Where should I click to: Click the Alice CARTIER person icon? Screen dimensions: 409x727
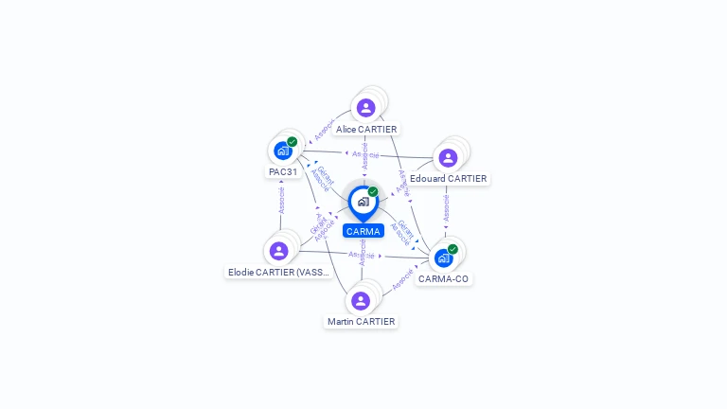(x=366, y=107)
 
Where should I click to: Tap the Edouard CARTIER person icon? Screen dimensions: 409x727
(x=448, y=157)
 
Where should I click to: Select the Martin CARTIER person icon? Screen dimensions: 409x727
(x=361, y=301)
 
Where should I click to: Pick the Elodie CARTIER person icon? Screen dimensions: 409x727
(x=278, y=251)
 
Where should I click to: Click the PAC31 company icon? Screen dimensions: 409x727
(x=282, y=151)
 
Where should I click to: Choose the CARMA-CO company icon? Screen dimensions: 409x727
(x=443, y=258)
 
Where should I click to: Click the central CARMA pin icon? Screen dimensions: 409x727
(x=363, y=202)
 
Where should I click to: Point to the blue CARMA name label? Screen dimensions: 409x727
(x=363, y=231)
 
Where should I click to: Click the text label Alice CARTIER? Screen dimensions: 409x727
(x=366, y=129)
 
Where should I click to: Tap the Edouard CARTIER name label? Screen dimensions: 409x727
(x=449, y=179)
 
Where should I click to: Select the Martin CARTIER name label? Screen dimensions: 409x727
(x=361, y=322)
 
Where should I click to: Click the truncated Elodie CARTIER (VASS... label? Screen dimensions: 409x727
(x=278, y=273)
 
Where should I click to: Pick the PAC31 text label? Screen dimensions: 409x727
(x=282, y=172)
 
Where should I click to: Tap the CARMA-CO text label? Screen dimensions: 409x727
(x=443, y=279)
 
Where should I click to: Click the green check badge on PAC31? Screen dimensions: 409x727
(x=292, y=142)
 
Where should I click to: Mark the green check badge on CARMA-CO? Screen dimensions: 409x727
(x=452, y=249)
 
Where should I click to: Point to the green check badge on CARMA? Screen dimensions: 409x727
(x=373, y=192)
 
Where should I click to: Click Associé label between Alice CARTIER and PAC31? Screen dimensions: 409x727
(x=325, y=132)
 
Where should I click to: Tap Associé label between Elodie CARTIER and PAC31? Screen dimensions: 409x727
(x=281, y=201)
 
